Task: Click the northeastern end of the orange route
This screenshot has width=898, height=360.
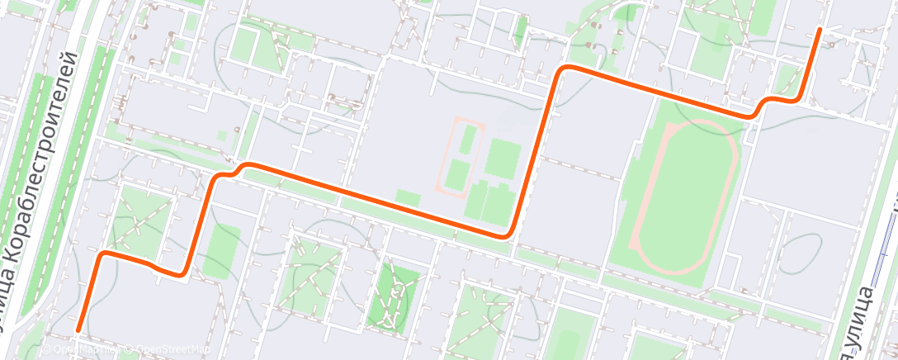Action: coord(819,30)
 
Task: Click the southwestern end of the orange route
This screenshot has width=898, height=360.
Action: coord(78,330)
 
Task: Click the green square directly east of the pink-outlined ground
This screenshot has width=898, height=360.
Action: coord(502,157)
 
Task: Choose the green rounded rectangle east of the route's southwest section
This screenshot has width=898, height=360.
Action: coord(218,251)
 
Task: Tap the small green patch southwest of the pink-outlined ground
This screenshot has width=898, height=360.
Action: coord(407,197)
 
